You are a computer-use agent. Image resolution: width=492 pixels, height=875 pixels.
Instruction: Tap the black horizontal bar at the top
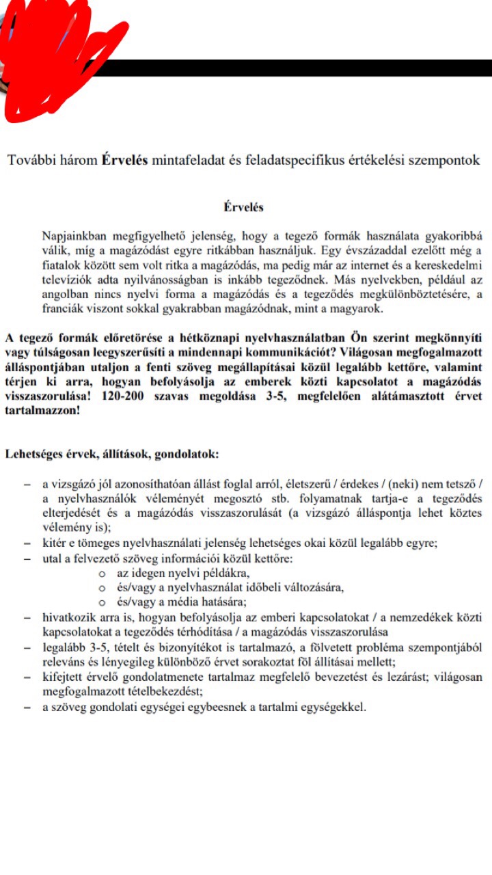307,68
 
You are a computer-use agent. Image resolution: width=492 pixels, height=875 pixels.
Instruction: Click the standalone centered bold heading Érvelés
244,207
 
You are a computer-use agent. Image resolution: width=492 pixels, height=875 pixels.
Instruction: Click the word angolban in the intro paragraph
62,294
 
